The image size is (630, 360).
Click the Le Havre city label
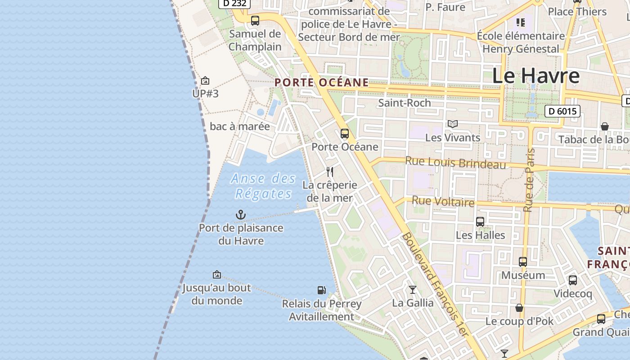point(535,76)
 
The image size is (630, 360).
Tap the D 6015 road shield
point(562,111)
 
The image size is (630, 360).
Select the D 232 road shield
point(234,3)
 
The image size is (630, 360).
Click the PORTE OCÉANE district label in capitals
point(321,83)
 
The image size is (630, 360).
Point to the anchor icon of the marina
point(241,215)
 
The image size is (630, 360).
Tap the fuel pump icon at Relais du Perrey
point(321,290)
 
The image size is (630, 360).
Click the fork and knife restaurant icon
point(330,172)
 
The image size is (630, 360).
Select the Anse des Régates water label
point(263,186)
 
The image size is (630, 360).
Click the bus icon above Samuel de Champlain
point(255,20)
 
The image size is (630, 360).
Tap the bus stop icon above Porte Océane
point(345,134)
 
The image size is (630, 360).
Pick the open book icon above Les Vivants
point(453,124)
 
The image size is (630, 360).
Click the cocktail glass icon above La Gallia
point(413,289)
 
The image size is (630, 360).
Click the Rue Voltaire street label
point(443,202)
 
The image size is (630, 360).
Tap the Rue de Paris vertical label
point(529,180)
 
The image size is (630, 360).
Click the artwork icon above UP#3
point(205,81)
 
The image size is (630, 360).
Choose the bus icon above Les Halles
point(480,221)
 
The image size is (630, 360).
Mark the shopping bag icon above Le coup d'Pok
point(519,308)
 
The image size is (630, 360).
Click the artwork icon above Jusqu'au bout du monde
point(217,274)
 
